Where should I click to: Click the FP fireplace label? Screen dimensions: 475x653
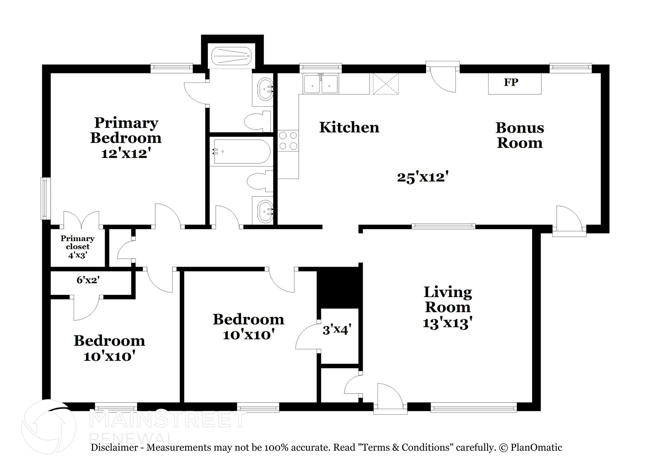[511, 82]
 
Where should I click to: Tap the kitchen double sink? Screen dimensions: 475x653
[320, 84]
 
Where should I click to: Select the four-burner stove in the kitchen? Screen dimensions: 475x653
[288, 141]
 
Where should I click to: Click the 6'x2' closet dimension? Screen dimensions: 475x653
[88, 280]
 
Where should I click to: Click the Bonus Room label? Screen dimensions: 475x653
[519, 135]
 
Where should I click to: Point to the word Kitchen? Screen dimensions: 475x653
[349, 127]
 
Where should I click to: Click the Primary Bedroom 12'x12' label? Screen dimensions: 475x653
[126, 138]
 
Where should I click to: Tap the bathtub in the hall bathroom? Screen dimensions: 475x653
[242, 152]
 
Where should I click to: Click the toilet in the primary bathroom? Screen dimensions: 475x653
[257, 121]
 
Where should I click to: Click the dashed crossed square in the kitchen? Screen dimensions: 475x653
[386, 84]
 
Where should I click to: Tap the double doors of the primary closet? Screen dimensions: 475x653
[81, 219]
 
